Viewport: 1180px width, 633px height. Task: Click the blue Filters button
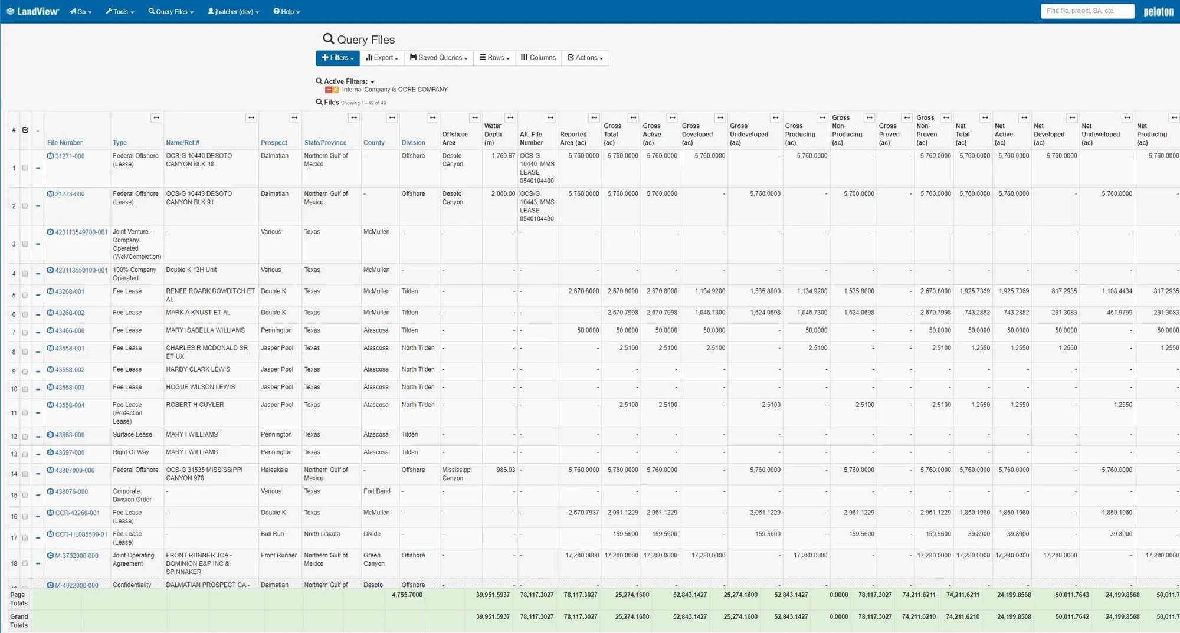pos(337,58)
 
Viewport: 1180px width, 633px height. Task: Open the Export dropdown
pos(382,58)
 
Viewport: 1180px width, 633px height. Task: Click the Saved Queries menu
pos(439,58)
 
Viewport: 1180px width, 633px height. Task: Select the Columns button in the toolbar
pos(538,58)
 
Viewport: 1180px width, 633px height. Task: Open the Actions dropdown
pos(585,58)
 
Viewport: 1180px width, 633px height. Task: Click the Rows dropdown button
pos(494,58)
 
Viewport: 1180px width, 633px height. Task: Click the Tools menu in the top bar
pos(120,12)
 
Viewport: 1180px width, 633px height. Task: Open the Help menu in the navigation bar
pos(287,12)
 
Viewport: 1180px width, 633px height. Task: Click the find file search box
pos(1087,11)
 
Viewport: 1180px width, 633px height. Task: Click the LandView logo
pos(33,12)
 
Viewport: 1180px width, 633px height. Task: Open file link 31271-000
pos(70,156)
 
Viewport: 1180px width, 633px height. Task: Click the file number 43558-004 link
pos(70,405)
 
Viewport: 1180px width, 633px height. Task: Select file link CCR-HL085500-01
pos(81,534)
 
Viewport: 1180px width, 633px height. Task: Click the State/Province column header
pos(325,143)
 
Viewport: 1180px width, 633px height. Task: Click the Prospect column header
pos(274,143)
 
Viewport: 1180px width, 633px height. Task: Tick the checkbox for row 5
pos(25,295)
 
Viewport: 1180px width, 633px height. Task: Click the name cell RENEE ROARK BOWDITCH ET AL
pos(210,295)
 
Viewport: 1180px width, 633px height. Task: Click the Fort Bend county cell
pos(376,491)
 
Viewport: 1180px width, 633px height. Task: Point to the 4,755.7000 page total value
pos(407,595)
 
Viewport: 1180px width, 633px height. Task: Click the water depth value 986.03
pos(505,470)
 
